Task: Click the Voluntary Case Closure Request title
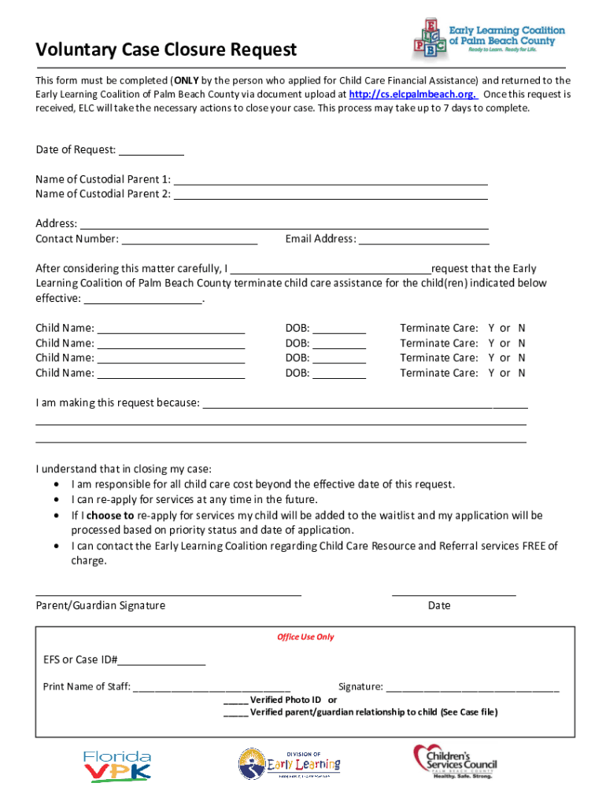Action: click(x=166, y=50)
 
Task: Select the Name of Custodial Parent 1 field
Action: click(x=330, y=179)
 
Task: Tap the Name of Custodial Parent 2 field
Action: click(x=330, y=194)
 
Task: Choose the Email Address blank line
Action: click(x=423, y=239)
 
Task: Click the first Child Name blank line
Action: click(x=171, y=328)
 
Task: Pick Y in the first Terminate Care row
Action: click(x=492, y=328)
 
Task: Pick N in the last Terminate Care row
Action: click(x=521, y=373)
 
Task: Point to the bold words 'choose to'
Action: click(x=110, y=516)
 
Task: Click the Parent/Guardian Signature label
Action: click(x=101, y=605)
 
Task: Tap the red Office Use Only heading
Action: click(x=305, y=637)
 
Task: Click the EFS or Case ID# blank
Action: click(x=161, y=660)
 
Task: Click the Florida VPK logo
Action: click(x=117, y=766)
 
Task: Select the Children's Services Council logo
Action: click(x=455, y=762)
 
